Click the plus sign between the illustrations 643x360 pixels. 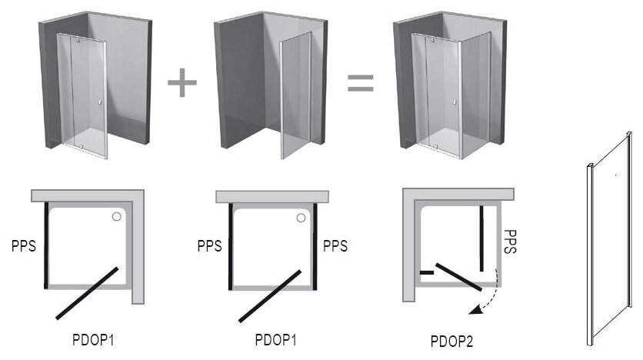point(182,82)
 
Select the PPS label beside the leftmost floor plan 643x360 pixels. point(24,247)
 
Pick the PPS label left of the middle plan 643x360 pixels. point(209,247)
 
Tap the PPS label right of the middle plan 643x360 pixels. point(335,247)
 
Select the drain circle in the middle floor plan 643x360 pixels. point(302,218)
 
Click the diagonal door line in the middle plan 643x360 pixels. point(269,295)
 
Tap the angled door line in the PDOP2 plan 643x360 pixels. point(458,278)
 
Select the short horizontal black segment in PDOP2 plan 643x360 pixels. point(426,272)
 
